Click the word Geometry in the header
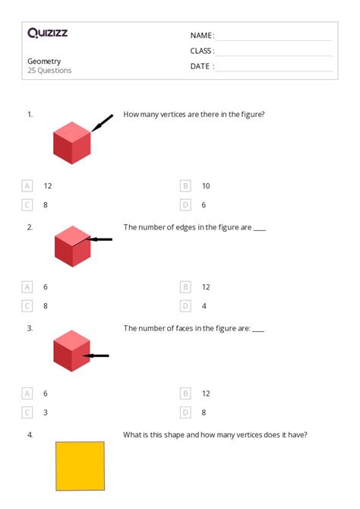(x=44, y=61)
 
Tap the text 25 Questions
(x=49, y=71)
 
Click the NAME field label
(x=201, y=36)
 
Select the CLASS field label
(x=202, y=51)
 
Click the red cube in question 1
(x=72, y=143)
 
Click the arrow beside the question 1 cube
(x=102, y=122)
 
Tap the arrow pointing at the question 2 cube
(x=99, y=239)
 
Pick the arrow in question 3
(x=96, y=355)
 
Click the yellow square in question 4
(x=80, y=466)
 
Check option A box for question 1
(x=27, y=185)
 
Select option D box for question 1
(x=185, y=204)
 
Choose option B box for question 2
(x=185, y=287)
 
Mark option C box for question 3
(x=27, y=412)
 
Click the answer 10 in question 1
(x=206, y=185)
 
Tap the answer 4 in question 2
(x=204, y=306)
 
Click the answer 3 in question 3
(x=46, y=412)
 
